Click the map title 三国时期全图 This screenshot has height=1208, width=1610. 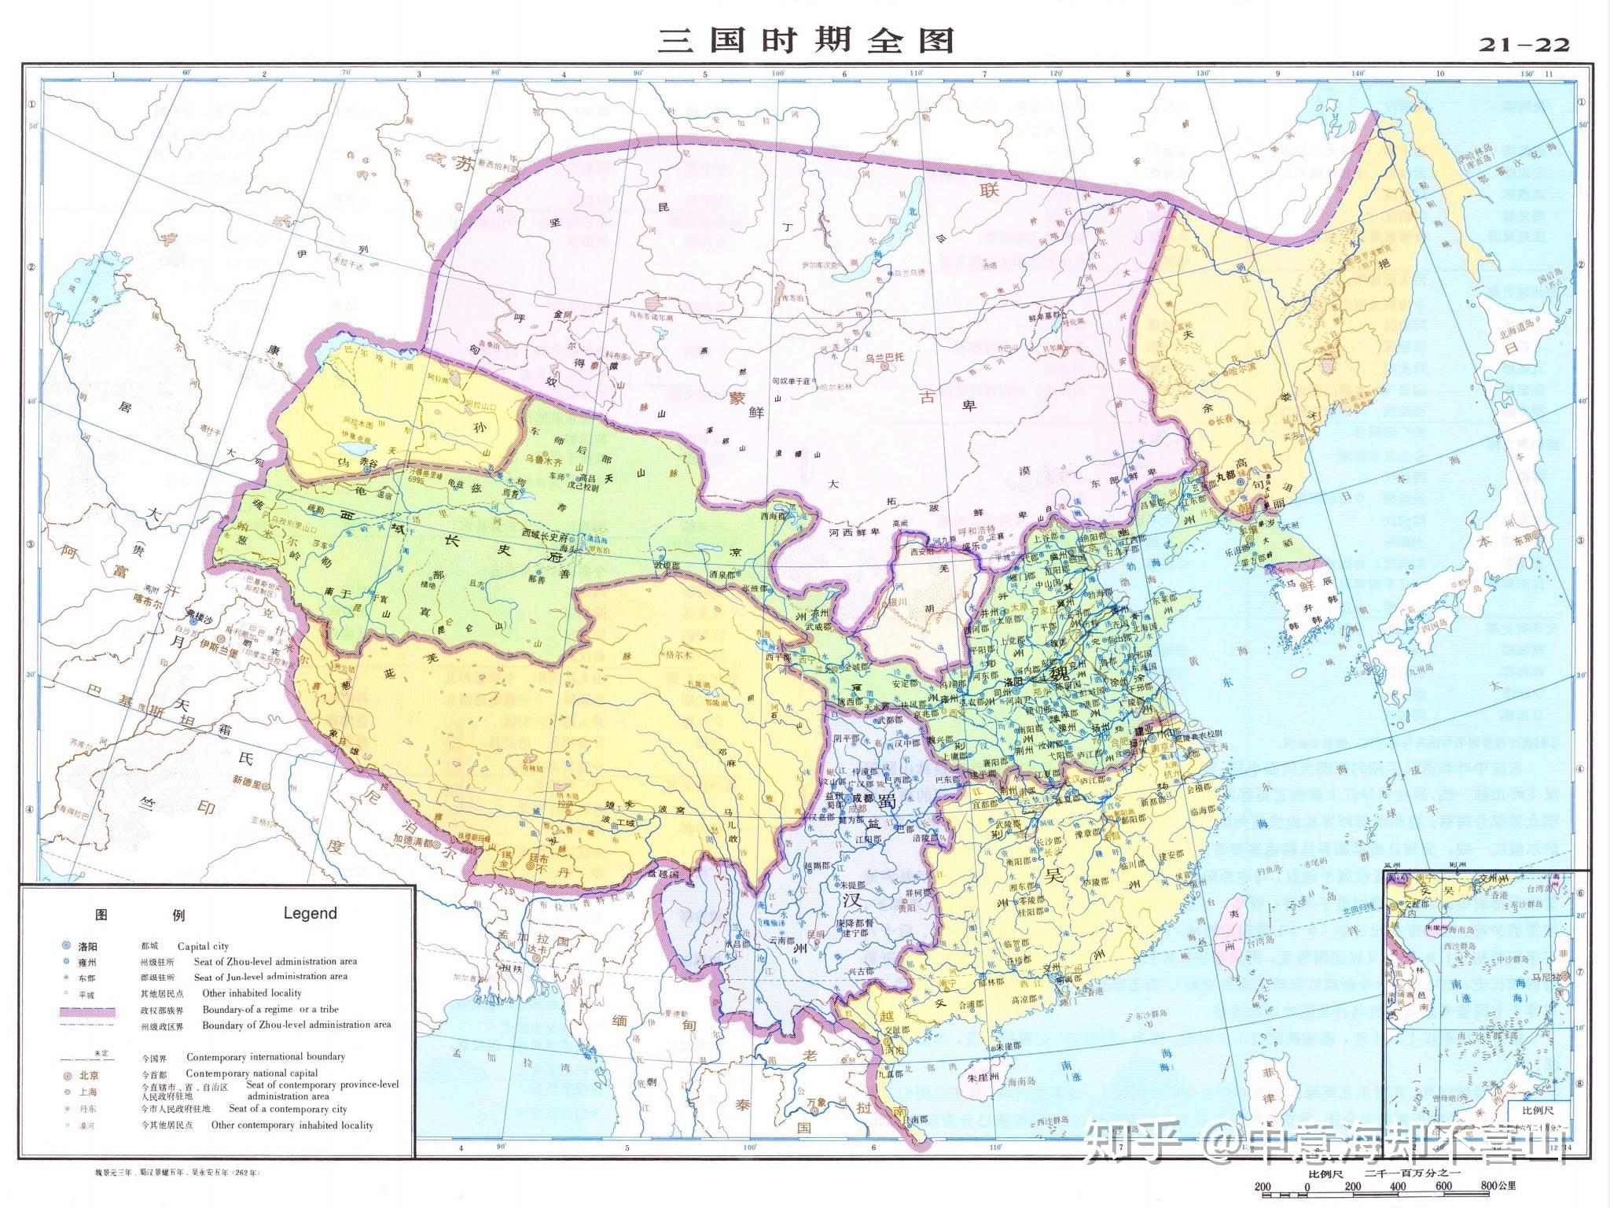pos(805,40)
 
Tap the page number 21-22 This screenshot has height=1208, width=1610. pos(1524,45)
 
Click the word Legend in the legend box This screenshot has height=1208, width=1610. pos(310,913)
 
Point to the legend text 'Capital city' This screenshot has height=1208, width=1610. pos(203,947)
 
